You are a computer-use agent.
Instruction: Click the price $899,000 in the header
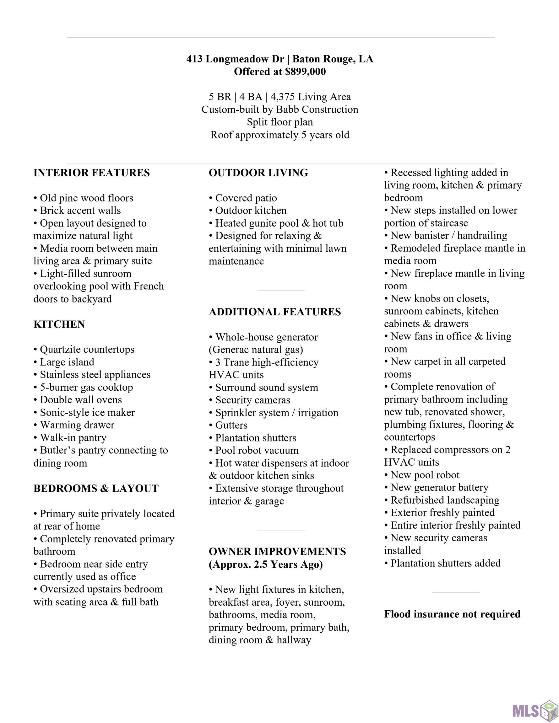pyautogui.click(x=305, y=72)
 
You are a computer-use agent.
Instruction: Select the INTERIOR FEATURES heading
pyautogui.click(x=91, y=173)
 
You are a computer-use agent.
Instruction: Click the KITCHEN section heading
pyautogui.click(x=59, y=324)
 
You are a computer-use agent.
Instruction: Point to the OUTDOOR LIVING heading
pyautogui.click(x=258, y=173)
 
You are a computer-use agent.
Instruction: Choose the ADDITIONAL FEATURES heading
pyautogui.click(x=274, y=312)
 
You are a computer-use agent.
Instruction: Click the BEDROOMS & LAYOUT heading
pyautogui.click(x=96, y=488)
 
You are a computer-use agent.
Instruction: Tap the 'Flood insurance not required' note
pyautogui.click(x=452, y=614)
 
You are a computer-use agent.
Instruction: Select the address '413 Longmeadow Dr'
pyautogui.click(x=235, y=59)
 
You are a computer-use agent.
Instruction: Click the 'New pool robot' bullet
pyautogui.click(x=425, y=475)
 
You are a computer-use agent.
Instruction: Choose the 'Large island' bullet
pyautogui.click(x=67, y=362)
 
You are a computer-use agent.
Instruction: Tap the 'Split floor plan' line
pyautogui.click(x=280, y=122)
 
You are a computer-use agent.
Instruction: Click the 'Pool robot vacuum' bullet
pyautogui.click(x=257, y=450)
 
